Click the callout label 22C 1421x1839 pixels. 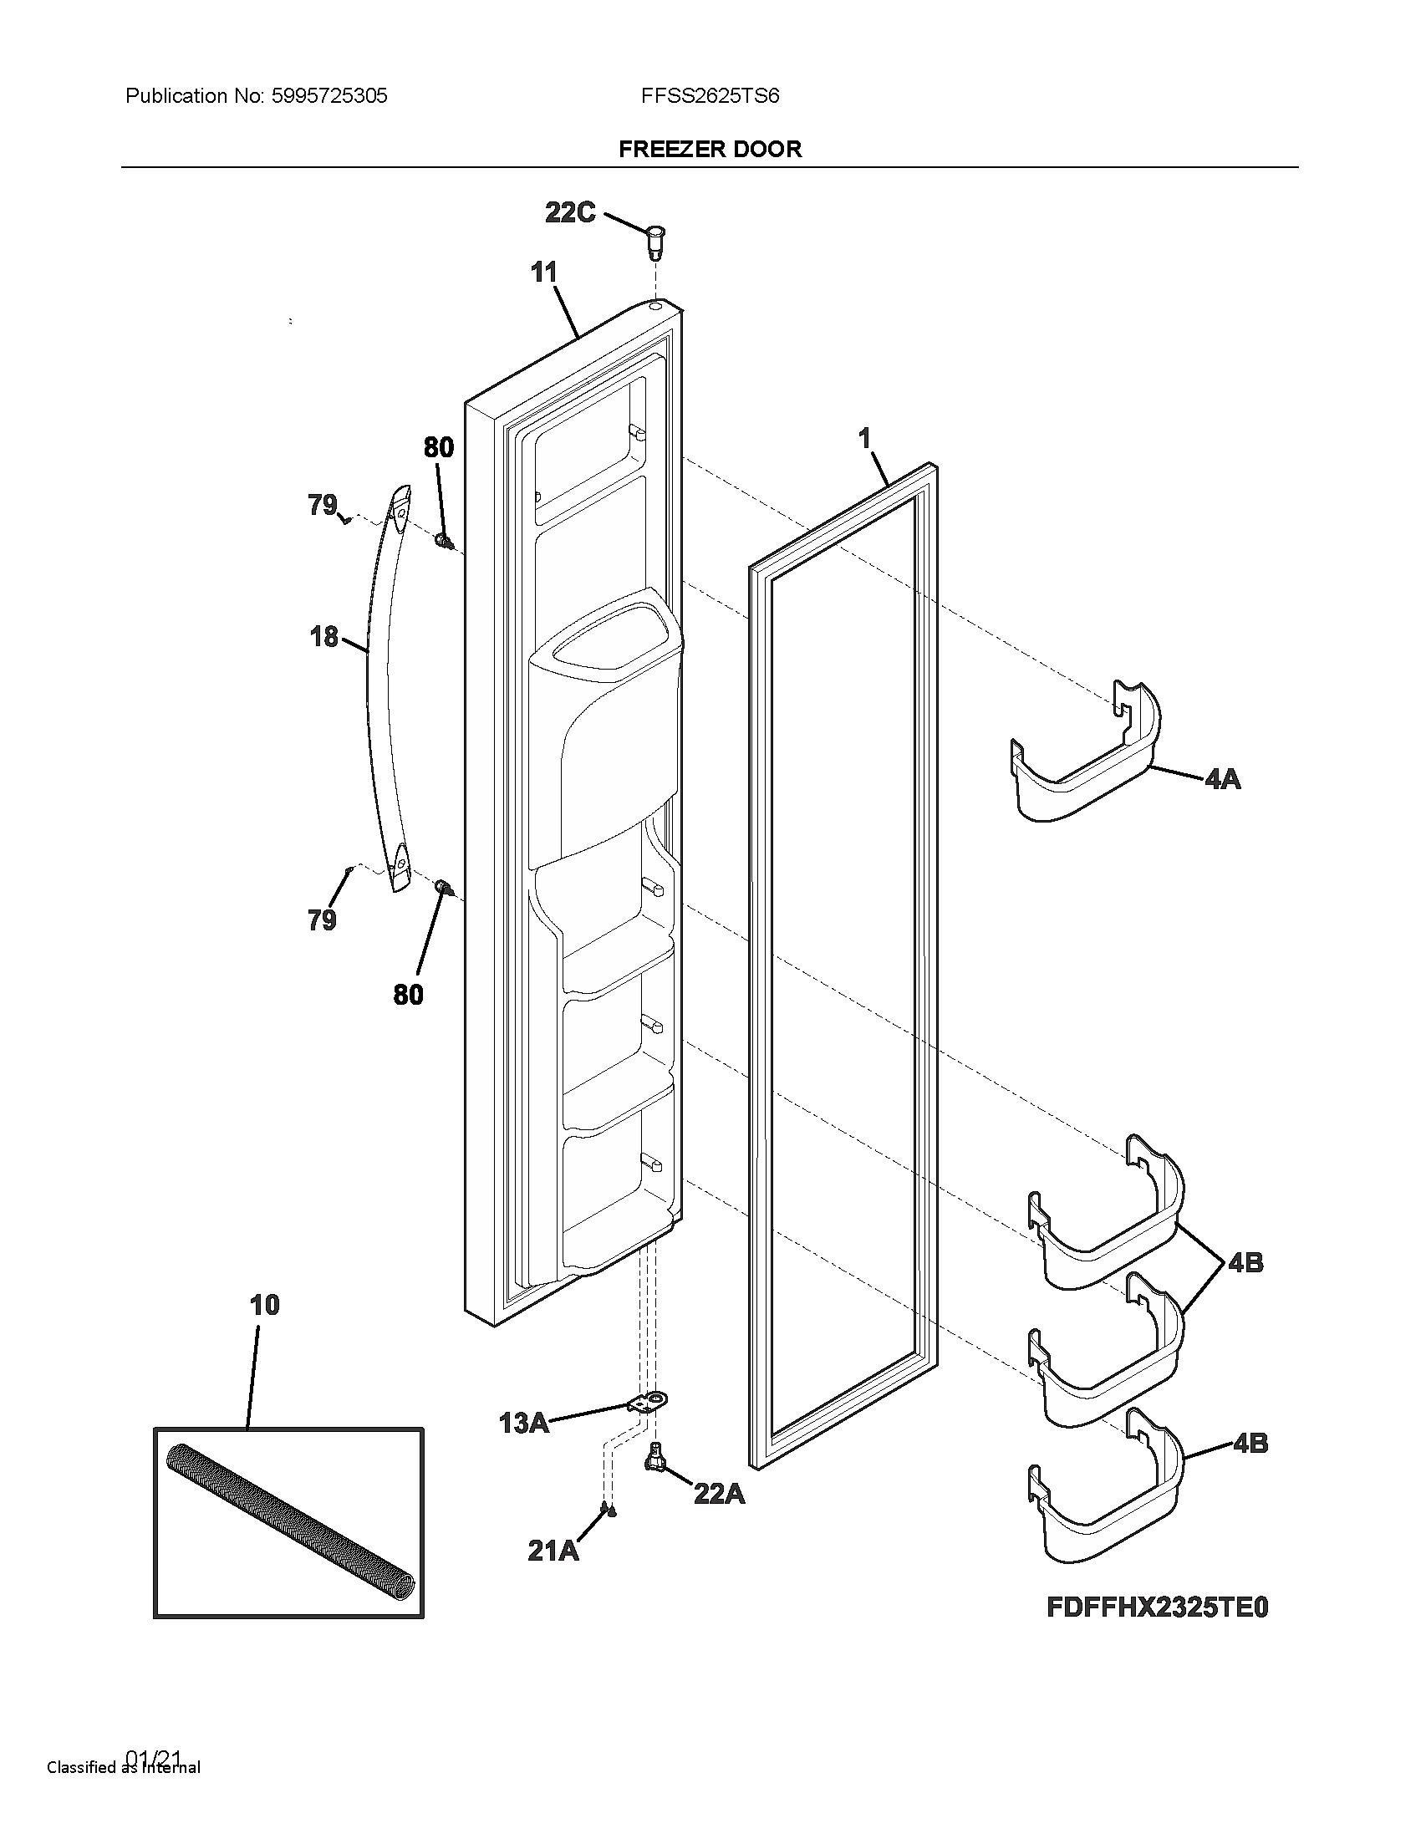(570, 212)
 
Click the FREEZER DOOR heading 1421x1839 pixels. (710, 149)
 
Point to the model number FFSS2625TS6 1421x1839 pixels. (710, 96)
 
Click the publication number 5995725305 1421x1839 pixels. (329, 96)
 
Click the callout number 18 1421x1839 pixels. (324, 637)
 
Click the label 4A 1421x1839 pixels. (1222, 779)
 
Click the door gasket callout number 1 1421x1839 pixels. (863, 438)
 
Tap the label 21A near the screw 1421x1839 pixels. (553, 1550)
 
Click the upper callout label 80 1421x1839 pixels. (439, 447)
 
